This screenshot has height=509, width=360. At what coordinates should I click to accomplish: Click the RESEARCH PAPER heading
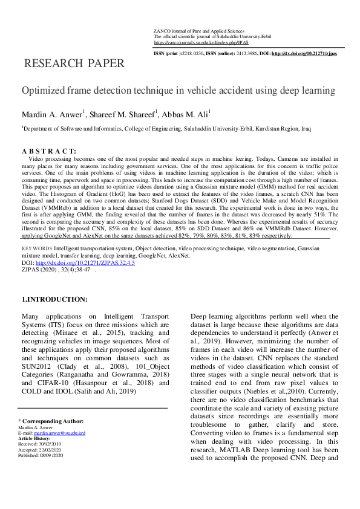point(74,63)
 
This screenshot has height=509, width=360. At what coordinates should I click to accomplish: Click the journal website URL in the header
point(201,43)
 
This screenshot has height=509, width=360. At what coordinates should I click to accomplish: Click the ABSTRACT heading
point(49,151)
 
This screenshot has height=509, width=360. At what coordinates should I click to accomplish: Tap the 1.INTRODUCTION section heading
point(54,299)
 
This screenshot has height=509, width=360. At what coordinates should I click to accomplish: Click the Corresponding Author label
point(51,421)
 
